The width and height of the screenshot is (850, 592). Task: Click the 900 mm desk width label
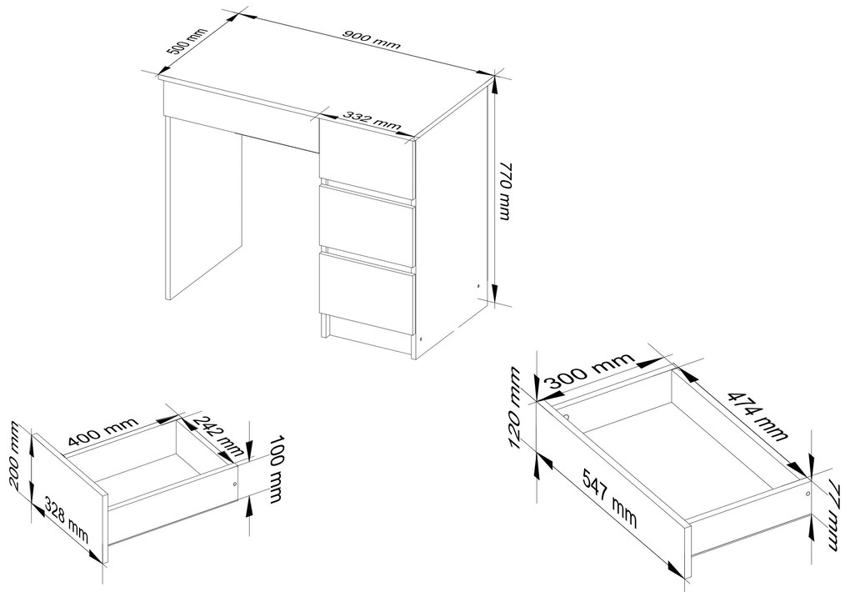372,40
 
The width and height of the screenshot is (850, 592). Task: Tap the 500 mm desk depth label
187,41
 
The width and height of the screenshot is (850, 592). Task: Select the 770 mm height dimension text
504,190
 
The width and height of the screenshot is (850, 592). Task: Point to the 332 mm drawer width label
372,120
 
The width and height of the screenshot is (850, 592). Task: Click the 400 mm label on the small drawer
103,429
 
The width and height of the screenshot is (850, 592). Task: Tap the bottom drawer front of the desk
367,293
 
